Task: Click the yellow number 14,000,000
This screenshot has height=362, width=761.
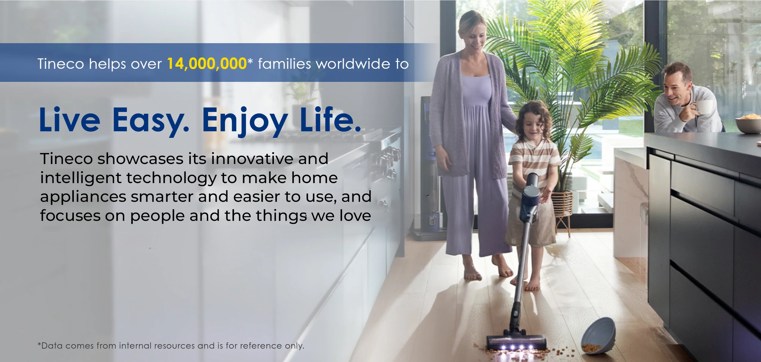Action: pyautogui.click(x=207, y=64)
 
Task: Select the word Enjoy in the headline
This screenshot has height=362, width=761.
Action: pyautogui.click(x=244, y=121)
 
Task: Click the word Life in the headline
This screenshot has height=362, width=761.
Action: pyautogui.click(x=330, y=119)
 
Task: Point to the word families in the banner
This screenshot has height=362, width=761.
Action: pyautogui.click(x=284, y=64)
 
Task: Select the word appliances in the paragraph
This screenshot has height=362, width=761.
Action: pyautogui.click(x=83, y=197)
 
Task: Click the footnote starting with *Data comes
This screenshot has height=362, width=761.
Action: pyautogui.click(x=171, y=346)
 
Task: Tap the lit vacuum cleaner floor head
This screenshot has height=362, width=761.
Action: pyautogui.click(x=516, y=343)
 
